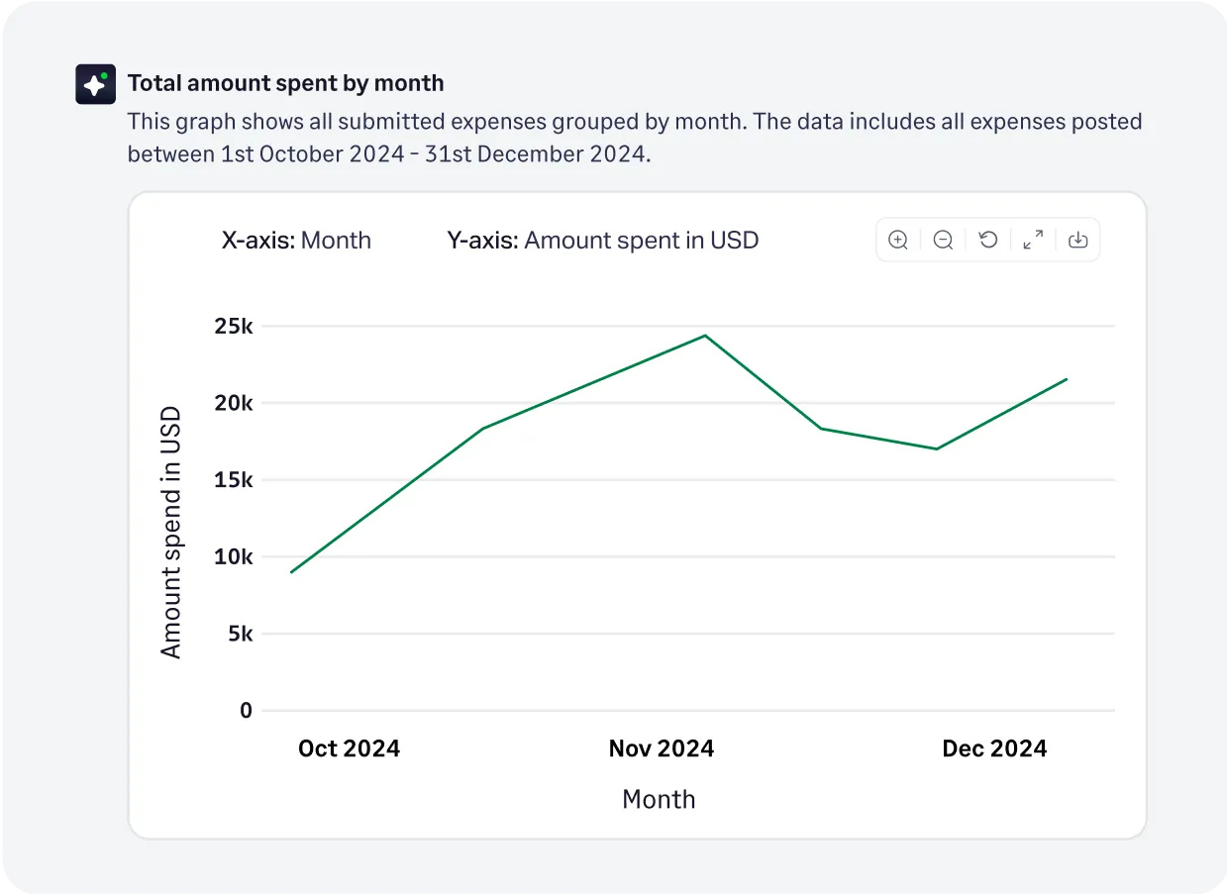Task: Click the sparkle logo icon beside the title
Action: click(96, 84)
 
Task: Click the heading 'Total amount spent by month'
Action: click(285, 83)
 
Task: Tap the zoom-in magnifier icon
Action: click(898, 240)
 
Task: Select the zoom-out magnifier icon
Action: click(943, 240)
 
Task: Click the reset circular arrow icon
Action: click(988, 240)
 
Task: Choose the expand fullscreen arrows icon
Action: click(1033, 240)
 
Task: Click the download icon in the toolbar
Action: click(1078, 240)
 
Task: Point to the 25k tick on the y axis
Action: click(234, 327)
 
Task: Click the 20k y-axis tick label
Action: click(234, 403)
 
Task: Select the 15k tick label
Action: click(234, 480)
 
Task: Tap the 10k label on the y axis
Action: click(234, 556)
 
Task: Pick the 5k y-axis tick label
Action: click(240, 634)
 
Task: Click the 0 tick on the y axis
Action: click(246, 710)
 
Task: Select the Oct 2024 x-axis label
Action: click(349, 748)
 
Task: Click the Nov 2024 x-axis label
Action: click(661, 748)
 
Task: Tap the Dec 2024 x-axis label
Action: click(994, 748)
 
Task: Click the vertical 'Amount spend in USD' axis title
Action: click(171, 532)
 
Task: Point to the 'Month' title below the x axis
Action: click(659, 800)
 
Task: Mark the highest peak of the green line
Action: click(705, 336)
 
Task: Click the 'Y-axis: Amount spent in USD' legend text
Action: click(602, 241)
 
